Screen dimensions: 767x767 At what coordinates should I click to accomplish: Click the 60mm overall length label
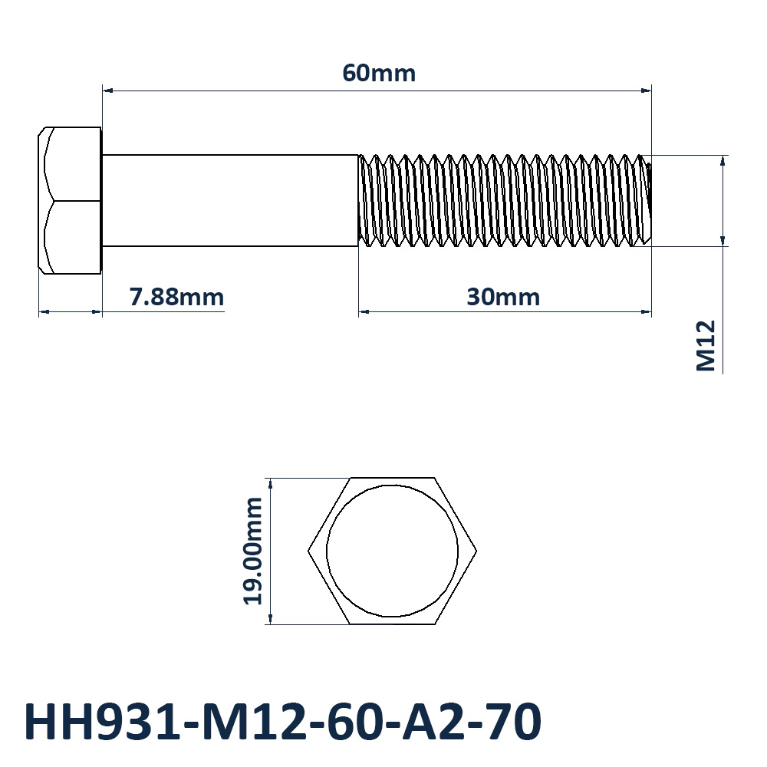pos(379,74)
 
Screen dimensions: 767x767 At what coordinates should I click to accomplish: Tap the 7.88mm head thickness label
pos(176,297)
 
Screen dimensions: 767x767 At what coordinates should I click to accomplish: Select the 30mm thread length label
pos(503,297)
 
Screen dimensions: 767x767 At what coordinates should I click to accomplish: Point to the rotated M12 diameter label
pos(706,346)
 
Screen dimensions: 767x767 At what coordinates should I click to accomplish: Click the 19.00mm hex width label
pos(253,551)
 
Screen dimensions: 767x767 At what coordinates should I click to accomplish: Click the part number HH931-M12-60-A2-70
pos(283,722)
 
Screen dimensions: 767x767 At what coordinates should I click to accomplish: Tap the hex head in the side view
pos(70,200)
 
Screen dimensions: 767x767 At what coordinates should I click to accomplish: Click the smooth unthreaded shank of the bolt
pos(230,200)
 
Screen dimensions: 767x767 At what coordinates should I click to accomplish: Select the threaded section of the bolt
pos(505,200)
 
